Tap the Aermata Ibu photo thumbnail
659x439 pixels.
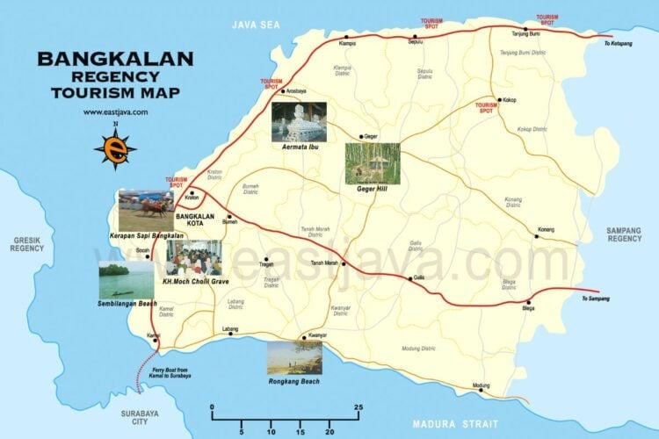299,122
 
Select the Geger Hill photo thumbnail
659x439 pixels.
373,163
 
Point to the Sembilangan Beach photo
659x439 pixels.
127,280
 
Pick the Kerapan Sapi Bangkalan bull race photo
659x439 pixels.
146,211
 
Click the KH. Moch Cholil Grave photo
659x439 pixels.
193,258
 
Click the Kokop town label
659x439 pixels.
510,100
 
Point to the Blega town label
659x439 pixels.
528,309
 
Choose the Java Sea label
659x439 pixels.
255,25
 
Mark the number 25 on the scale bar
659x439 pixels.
358,407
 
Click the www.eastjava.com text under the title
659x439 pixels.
115,112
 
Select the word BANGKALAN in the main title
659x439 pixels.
115,60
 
